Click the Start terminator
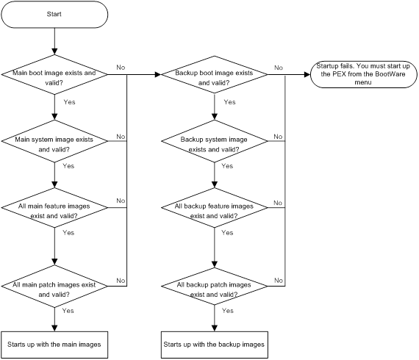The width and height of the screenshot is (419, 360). [54, 15]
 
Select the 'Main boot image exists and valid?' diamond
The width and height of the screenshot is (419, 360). [54, 74]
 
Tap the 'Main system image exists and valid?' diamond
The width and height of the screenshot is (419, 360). [54, 141]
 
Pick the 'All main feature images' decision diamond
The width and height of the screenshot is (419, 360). [54, 208]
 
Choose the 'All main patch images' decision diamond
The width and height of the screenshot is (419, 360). [54, 286]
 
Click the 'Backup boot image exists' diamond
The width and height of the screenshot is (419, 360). [215, 74]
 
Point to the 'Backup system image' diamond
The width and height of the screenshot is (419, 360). [215, 141]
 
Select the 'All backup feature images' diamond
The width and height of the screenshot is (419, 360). [215, 208]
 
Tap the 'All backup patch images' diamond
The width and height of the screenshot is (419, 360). [215, 286]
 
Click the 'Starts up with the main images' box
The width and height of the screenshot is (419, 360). [54, 345]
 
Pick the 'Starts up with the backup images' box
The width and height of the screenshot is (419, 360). [215, 345]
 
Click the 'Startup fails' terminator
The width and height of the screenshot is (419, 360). [364, 74]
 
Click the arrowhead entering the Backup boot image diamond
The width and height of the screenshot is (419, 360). [158, 74]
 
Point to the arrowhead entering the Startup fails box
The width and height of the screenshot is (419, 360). [307, 74]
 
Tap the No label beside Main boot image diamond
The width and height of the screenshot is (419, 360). [121, 68]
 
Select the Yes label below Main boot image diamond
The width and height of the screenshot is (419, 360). [70, 102]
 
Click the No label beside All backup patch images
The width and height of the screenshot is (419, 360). [279, 281]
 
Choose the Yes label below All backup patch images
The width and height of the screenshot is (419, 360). [228, 311]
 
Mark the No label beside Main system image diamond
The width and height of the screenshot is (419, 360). [121, 137]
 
